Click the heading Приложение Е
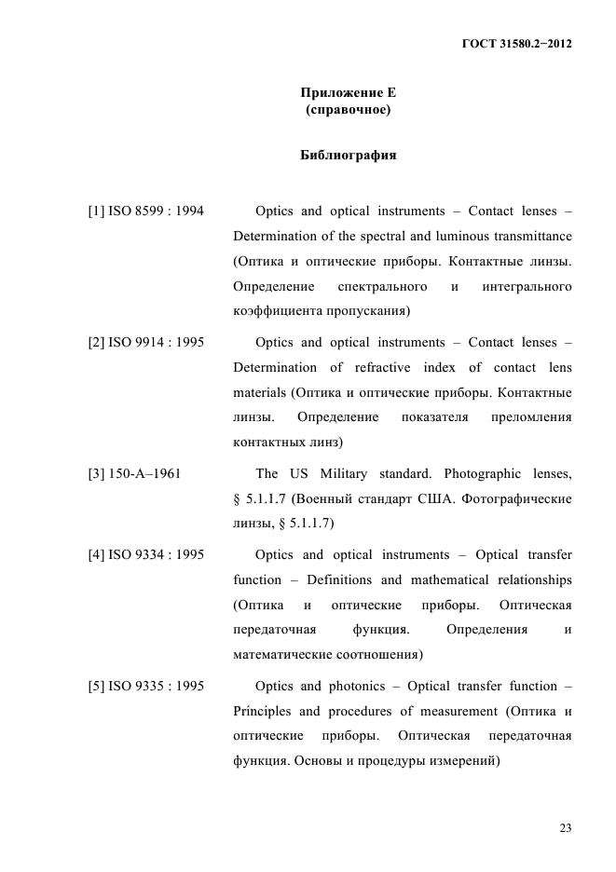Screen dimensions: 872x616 [348, 93]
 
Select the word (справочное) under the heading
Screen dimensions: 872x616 [348, 111]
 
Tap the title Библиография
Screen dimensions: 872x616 [348, 156]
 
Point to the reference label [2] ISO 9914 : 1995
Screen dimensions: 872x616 [145, 343]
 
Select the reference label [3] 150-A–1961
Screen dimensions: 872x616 [134, 474]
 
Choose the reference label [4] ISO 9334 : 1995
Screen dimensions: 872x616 [145, 555]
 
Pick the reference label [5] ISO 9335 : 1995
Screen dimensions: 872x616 [145, 688]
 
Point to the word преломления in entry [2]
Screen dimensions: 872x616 [531, 416]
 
